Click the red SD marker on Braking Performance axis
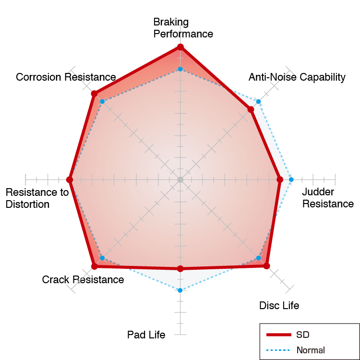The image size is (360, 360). [x=180, y=47]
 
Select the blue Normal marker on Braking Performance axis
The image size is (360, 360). [x=180, y=69]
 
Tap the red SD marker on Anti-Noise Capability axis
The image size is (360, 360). [x=251, y=109]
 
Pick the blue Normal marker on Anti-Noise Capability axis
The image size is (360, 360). [x=259, y=101]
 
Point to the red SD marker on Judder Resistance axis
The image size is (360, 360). [x=280, y=180]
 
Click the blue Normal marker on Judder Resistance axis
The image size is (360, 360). [x=291, y=180]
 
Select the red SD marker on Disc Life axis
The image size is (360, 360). [x=266, y=266]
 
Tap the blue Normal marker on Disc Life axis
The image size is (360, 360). [x=259, y=258]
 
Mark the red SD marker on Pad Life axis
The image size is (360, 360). [x=180, y=269]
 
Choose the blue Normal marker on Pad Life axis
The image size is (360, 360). [x=180, y=290]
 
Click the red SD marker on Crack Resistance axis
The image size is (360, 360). [x=95, y=266]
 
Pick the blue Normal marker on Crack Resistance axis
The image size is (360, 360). [x=102, y=258]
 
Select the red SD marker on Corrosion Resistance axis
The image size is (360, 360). [x=94, y=94]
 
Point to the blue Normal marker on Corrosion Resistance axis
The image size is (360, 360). [x=102, y=101]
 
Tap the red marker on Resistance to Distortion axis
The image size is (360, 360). [x=69, y=180]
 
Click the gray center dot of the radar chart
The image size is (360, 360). [x=180, y=180]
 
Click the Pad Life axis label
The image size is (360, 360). [x=146, y=335]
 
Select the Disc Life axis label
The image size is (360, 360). [x=279, y=306]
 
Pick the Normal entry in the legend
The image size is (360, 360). [x=296, y=350]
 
